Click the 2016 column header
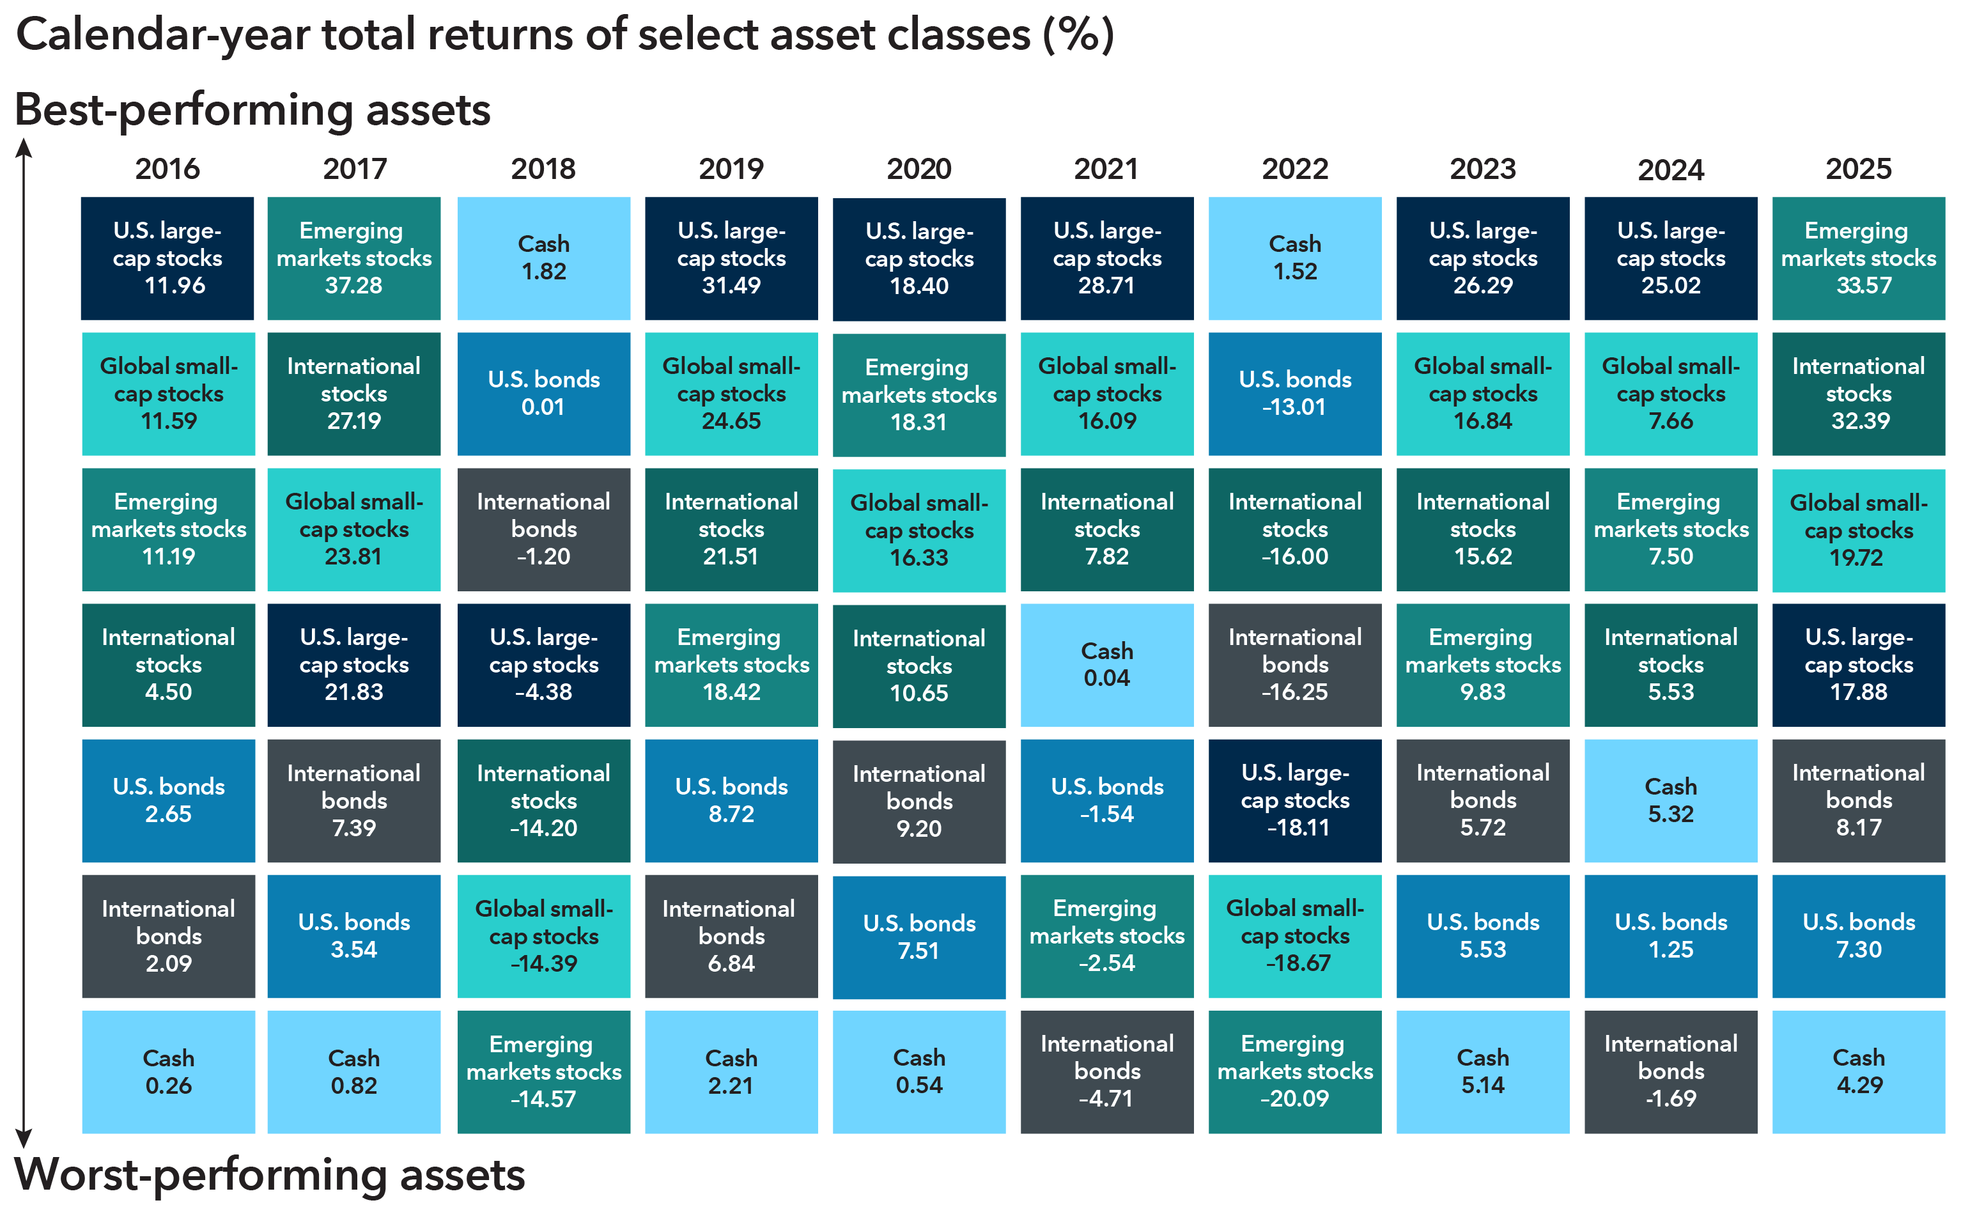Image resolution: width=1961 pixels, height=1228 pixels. [x=167, y=169]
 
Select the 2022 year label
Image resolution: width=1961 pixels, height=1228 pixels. [x=1294, y=169]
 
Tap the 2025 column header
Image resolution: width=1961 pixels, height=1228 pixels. [x=1858, y=169]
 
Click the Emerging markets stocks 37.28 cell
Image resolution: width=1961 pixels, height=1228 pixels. [x=354, y=258]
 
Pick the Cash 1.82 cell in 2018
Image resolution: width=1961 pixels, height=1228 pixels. [x=543, y=258]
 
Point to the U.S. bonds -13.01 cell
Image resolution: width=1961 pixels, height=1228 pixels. [x=1294, y=394]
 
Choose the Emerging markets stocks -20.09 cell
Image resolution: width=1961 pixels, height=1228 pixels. [x=1294, y=1071]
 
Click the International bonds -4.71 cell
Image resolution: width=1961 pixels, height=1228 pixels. [x=1107, y=1071]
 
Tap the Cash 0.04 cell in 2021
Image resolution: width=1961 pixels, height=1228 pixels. [x=1107, y=664]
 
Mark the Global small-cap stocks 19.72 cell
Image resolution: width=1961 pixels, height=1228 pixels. [x=1858, y=529]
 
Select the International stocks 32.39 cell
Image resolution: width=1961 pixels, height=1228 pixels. [x=1858, y=394]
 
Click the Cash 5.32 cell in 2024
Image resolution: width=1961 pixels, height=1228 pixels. [x=1670, y=800]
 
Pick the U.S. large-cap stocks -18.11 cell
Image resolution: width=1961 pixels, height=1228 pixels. [x=1294, y=800]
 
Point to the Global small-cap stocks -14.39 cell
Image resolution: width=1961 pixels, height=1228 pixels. [x=543, y=936]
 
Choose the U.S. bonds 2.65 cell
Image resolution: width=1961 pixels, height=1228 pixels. [x=168, y=800]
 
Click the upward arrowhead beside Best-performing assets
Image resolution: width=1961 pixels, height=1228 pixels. [x=24, y=147]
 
